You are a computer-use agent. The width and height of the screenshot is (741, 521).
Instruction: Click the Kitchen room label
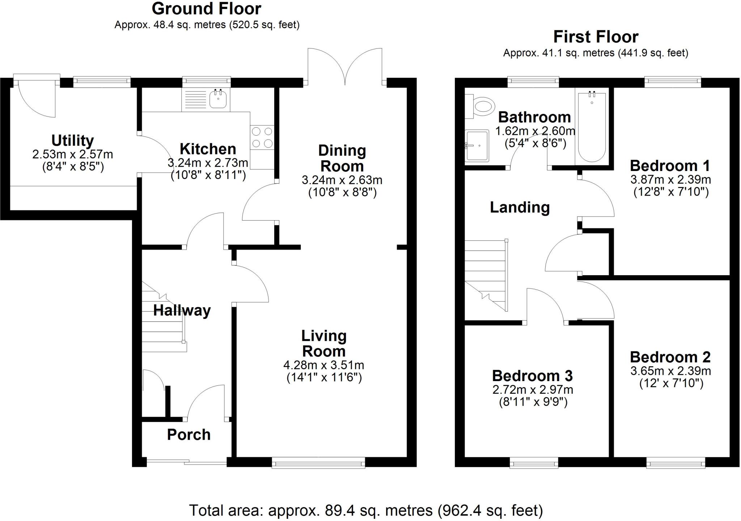pos(208,149)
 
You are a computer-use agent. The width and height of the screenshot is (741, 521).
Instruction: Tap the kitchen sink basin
pos(218,99)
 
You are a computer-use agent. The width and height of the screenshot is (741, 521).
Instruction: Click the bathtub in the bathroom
pos(592,127)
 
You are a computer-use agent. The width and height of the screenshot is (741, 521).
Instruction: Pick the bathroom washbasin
pos(477,146)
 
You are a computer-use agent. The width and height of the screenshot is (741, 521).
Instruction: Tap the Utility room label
pos(72,140)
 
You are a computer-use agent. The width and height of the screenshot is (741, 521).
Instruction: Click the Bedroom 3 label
pos(532,376)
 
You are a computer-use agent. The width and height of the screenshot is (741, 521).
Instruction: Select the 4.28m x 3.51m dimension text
pos(323,365)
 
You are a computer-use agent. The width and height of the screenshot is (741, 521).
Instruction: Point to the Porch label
pos(189,435)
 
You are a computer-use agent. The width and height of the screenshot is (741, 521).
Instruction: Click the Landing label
pos(520,208)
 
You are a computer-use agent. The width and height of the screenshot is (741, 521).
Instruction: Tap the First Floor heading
pos(596,37)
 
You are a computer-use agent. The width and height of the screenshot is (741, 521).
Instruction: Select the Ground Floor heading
pos(206,9)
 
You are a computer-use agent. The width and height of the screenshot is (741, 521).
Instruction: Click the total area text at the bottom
pos(366,511)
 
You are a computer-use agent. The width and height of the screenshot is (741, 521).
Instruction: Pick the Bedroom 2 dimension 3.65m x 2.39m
pos(670,371)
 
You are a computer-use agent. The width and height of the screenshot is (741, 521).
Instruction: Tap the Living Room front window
pos(318,462)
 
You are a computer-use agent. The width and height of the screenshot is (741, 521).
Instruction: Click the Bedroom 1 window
pos(673,82)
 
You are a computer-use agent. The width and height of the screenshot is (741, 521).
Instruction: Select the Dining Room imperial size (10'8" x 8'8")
pos(342,192)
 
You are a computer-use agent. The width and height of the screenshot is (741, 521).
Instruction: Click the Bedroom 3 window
pos(534,463)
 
